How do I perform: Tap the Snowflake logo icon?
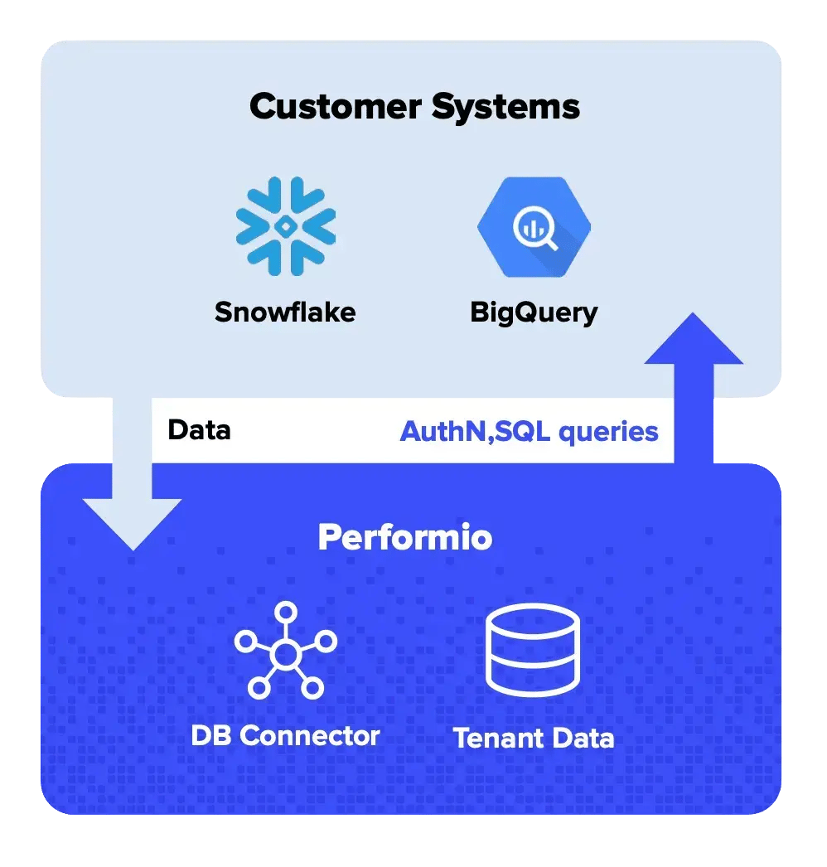click(x=285, y=225)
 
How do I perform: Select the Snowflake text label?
click(x=285, y=312)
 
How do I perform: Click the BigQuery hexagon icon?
click(x=534, y=225)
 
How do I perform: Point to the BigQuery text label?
click(x=534, y=312)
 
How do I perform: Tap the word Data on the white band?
click(x=199, y=430)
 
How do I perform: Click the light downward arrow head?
click(x=133, y=522)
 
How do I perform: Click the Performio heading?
click(x=405, y=538)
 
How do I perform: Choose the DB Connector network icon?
click(x=285, y=651)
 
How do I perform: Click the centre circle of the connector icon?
click(x=285, y=655)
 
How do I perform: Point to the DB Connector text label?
click(x=285, y=735)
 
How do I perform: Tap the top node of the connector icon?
click(x=286, y=613)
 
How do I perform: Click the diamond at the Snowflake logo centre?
click(x=285, y=225)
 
